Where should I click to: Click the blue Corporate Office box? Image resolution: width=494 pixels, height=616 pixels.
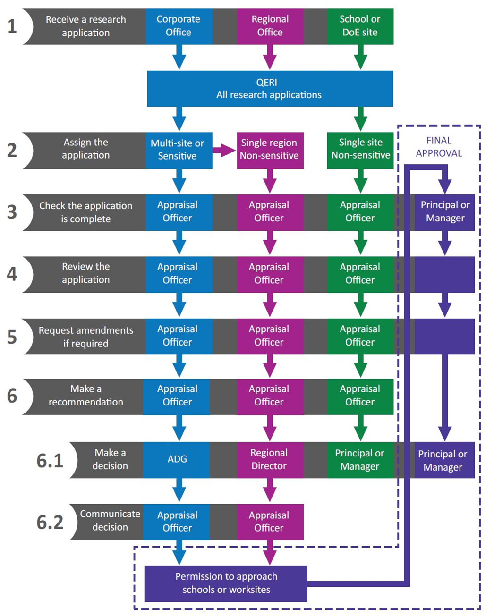tap(179, 26)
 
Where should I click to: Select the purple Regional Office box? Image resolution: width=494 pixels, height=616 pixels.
tap(270, 26)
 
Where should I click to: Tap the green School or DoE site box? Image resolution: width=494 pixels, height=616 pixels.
tap(360, 26)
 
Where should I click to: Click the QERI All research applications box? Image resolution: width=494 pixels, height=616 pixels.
tap(270, 89)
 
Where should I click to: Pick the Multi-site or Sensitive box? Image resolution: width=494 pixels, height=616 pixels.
tap(178, 150)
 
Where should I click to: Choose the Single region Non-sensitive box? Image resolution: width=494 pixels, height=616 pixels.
tap(270, 150)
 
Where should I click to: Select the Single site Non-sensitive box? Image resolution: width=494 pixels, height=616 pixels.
tap(360, 149)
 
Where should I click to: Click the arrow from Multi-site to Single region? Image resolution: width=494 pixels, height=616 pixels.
tap(224, 151)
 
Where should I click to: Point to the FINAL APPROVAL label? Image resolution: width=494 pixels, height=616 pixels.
tap(439, 147)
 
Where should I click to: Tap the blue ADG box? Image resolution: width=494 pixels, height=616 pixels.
tap(177, 459)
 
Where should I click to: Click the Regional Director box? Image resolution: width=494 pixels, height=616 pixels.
tap(269, 459)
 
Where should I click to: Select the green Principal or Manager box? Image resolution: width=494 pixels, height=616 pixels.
tap(360, 460)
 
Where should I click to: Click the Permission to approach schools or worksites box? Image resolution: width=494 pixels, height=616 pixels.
tap(226, 583)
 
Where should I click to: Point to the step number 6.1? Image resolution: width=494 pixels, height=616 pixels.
tap(50, 461)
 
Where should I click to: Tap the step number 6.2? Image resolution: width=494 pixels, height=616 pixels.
tap(50, 523)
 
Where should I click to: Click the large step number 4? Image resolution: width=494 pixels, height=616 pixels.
tap(12, 274)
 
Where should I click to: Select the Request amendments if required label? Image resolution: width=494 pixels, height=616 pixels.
tap(86, 337)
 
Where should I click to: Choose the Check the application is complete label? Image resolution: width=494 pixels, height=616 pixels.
tap(86, 212)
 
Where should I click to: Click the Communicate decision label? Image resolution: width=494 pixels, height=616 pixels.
tap(110, 521)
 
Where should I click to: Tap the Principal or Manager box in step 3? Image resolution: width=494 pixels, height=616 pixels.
tap(444, 212)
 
